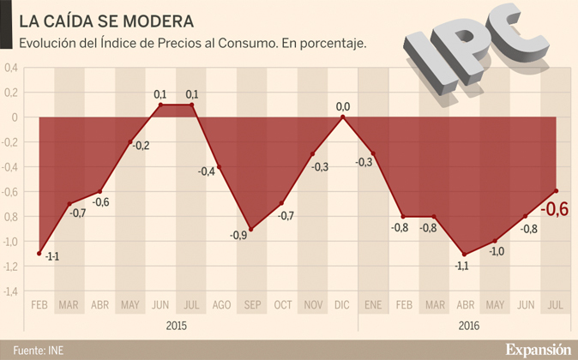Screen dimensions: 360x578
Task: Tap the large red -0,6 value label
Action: [556, 208]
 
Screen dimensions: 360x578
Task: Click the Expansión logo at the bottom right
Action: [537, 348]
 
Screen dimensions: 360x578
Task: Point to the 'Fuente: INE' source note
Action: [38, 350]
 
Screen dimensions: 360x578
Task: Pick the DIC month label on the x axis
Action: [343, 304]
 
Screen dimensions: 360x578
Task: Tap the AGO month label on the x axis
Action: [220, 304]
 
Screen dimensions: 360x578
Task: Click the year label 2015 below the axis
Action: [176, 326]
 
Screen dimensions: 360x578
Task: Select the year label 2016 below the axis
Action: [469, 326]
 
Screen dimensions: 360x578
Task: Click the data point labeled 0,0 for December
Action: [343, 117]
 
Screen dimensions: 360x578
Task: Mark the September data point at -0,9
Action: [251, 230]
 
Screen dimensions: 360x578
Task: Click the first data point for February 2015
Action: [39, 254]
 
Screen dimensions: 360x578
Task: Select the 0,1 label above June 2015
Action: [160, 93]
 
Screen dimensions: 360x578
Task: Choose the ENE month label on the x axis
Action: [373, 304]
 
